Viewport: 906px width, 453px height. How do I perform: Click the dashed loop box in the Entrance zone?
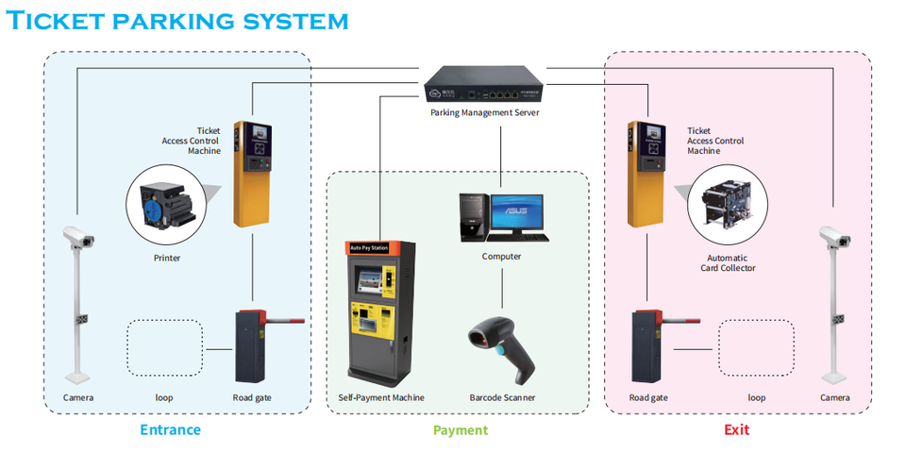[x=165, y=348]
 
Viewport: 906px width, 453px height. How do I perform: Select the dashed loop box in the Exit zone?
[x=757, y=348]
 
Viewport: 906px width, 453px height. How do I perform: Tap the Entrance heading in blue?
[x=170, y=430]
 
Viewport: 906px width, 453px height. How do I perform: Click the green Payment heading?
[x=461, y=430]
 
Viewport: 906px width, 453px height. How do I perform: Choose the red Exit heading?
[x=737, y=430]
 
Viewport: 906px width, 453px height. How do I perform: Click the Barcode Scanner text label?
[x=502, y=397]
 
